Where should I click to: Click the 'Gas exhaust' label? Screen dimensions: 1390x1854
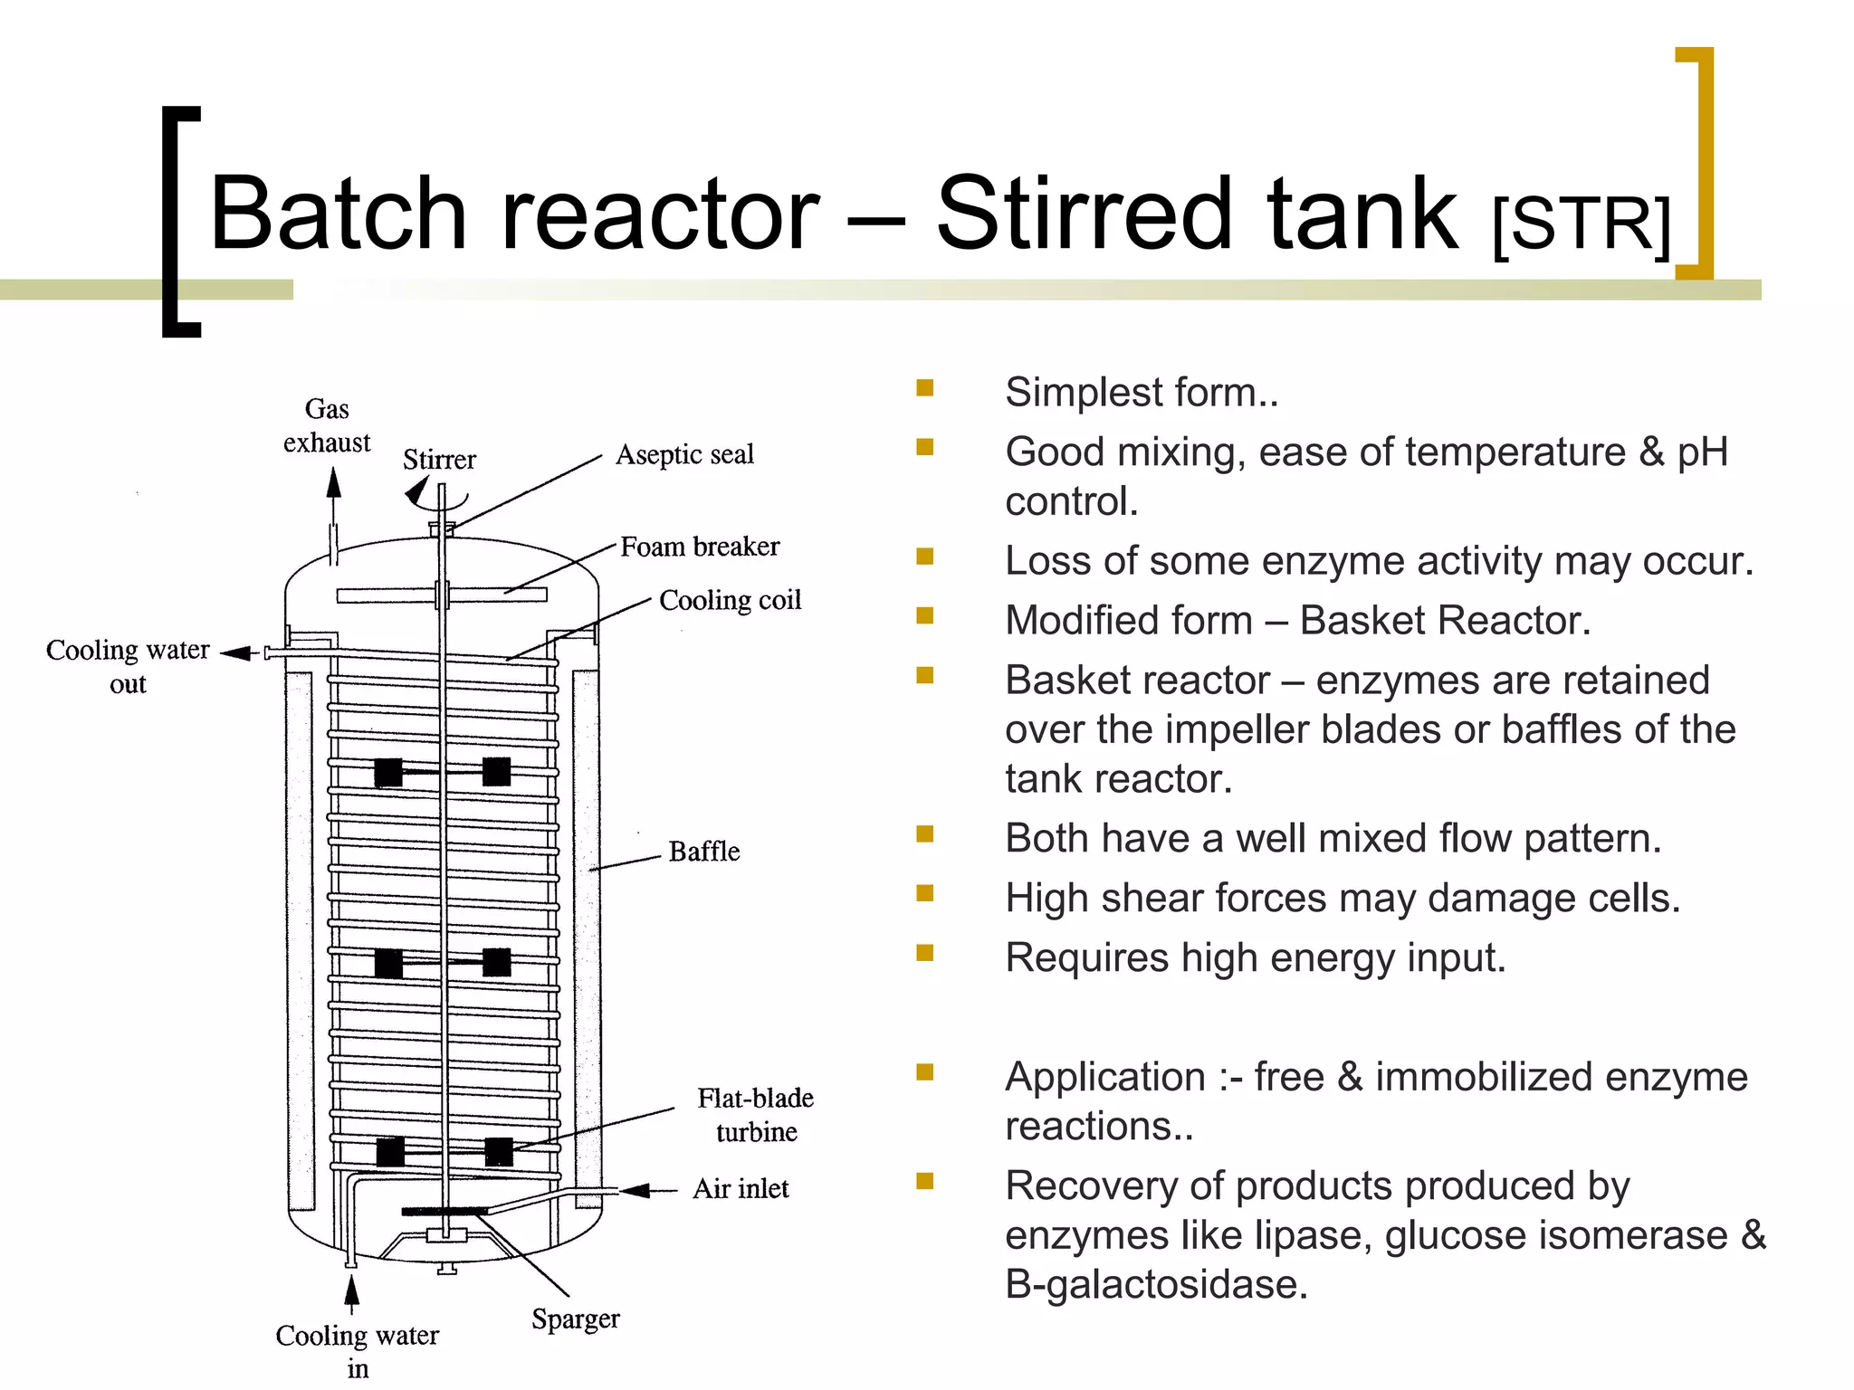point(327,425)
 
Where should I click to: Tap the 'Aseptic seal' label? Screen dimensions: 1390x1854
point(684,454)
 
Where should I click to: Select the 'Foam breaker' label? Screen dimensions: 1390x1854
point(700,547)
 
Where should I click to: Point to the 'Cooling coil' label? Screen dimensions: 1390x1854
point(730,600)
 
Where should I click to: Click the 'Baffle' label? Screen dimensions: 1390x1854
point(703,852)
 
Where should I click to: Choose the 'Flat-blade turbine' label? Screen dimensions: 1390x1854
point(755,1115)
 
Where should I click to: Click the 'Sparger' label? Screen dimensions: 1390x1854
point(576,1319)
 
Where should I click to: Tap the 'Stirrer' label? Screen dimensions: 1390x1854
point(439,460)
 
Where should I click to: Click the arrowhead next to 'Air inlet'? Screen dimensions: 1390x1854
point(636,1190)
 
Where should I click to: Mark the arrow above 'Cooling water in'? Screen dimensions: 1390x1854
point(352,1290)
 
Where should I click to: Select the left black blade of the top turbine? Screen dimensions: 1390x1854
point(388,772)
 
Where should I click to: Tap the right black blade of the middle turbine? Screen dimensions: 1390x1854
point(497,962)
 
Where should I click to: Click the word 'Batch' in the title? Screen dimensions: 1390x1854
point(337,214)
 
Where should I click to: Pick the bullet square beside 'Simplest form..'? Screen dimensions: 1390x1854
point(924,388)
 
